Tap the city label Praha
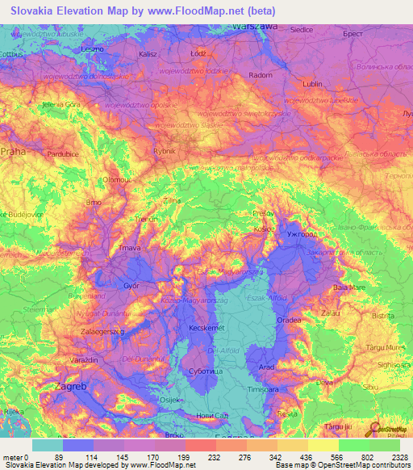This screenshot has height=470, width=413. pos(14,151)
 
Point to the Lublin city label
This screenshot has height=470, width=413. pos(311,83)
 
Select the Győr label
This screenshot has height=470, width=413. pos(131,286)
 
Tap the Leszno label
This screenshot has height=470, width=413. pos(94,49)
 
